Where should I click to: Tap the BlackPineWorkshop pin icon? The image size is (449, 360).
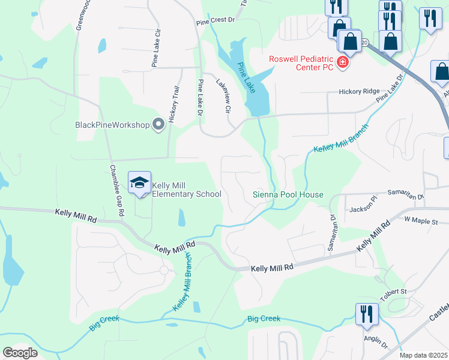click(158, 124)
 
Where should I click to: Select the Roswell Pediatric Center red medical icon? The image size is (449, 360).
click(343, 62)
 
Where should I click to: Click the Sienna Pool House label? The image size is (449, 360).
click(288, 194)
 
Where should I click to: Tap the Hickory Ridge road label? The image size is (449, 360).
click(359, 91)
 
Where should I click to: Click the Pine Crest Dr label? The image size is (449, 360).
click(214, 20)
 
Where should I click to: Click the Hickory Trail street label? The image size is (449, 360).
click(175, 103)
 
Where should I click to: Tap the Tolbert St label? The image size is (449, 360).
click(393, 292)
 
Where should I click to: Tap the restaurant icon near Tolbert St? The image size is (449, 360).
click(364, 313)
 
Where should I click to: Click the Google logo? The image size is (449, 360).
click(20, 353)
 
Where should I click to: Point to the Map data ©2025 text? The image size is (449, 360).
click(423, 355)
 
